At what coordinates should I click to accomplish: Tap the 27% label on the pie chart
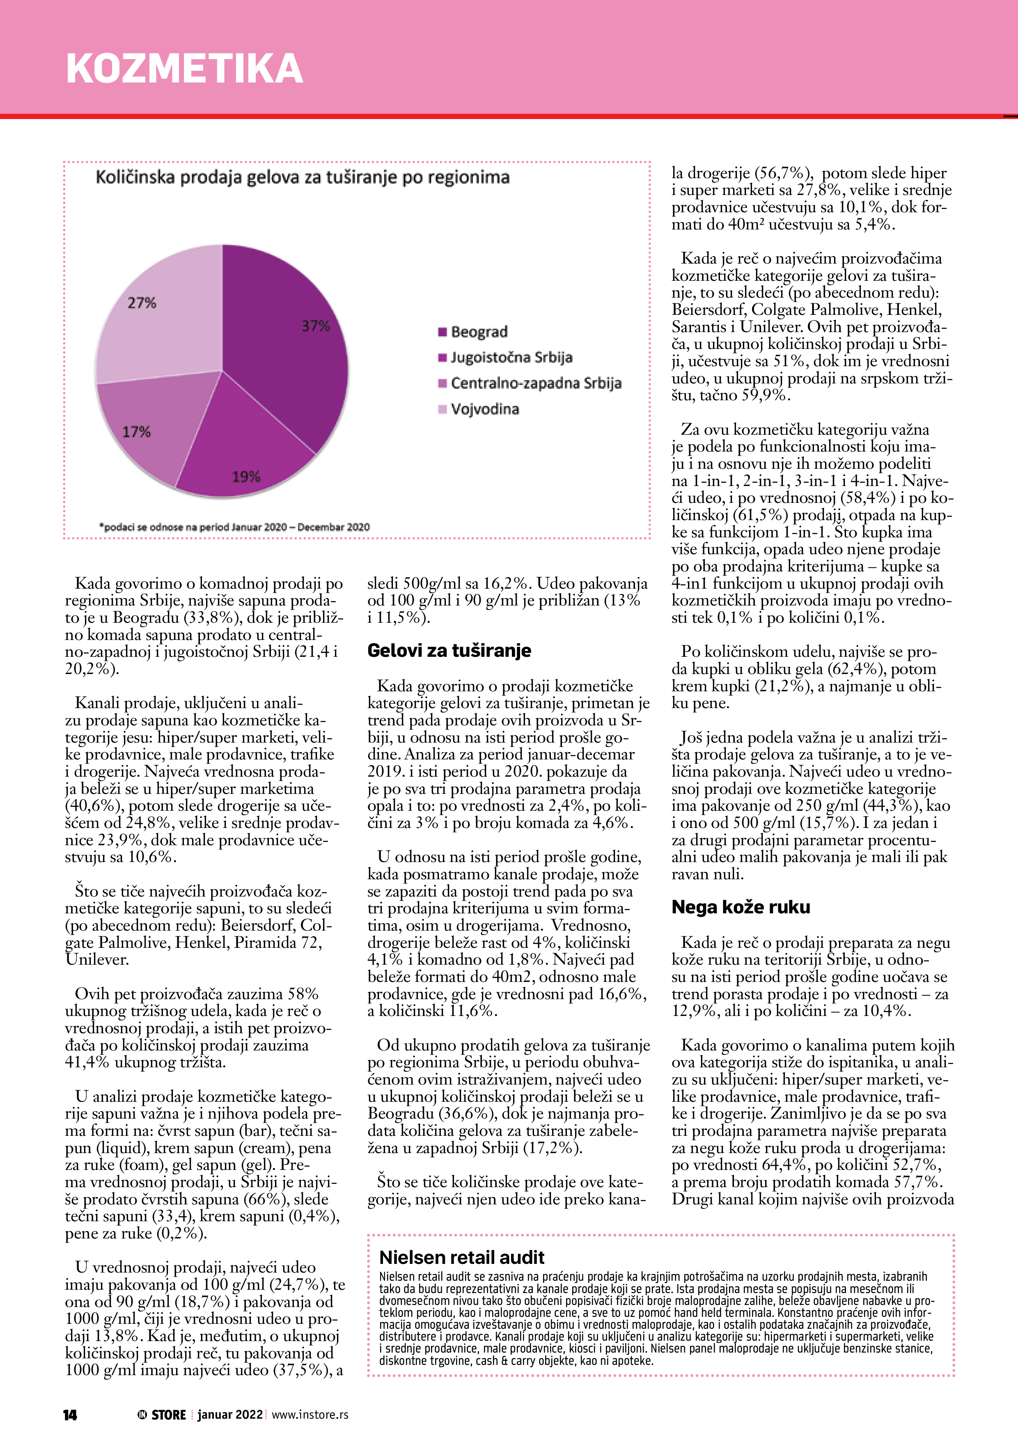coord(142,303)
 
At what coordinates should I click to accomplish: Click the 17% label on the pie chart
coord(136,431)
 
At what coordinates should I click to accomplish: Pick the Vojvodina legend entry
coord(479,409)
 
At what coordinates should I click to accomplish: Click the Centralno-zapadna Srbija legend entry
coord(530,383)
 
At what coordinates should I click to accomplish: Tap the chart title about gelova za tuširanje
coord(303,177)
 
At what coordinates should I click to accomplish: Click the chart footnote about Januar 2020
coord(234,527)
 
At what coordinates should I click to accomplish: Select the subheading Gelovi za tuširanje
coord(449,650)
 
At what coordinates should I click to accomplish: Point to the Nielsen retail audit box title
coord(462,1257)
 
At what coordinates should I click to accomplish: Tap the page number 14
coord(70,1414)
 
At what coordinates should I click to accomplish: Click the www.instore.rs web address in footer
coord(310,1414)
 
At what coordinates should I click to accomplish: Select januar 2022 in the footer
coord(229,1414)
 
